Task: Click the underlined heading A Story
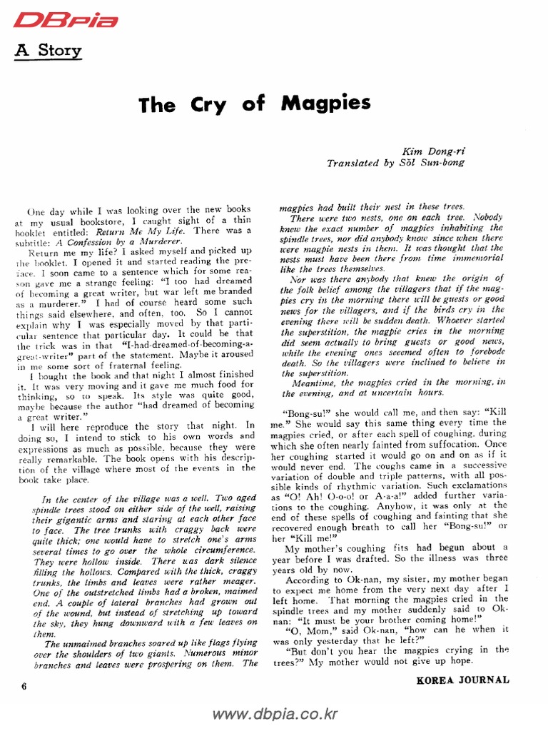[x=49, y=51]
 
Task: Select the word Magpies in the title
[x=326, y=103]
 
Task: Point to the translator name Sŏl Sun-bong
[x=433, y=163]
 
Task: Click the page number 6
[x=24, y=687]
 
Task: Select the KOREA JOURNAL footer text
[x=462, y=680]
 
